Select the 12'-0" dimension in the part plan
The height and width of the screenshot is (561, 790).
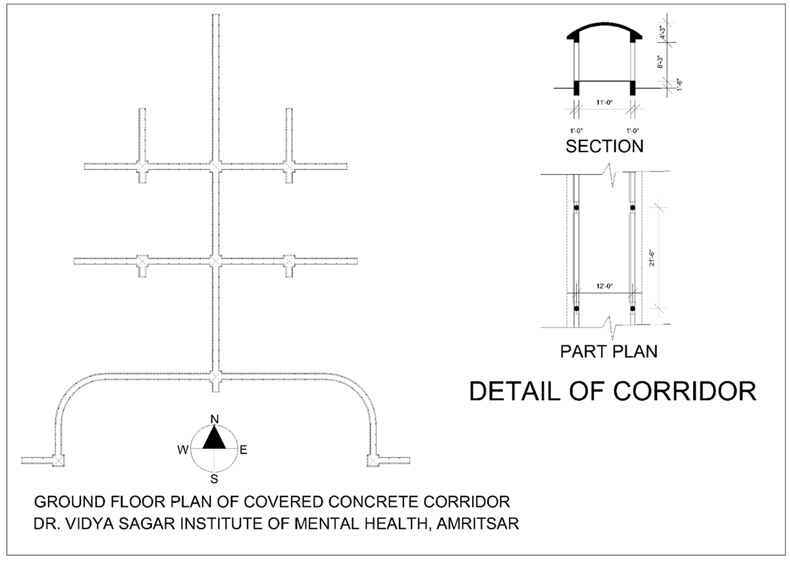pos(604,287)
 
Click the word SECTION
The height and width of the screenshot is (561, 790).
pos(604,146)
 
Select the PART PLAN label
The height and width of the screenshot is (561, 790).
pos(608,351)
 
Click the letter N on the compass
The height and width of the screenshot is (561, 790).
pos(214,419)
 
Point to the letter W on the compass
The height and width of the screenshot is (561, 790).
pos(182,450)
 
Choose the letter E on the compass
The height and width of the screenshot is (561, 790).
pos(243,450)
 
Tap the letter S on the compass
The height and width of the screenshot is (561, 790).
pos(214,479)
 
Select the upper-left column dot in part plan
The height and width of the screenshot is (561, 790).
pos(576,208)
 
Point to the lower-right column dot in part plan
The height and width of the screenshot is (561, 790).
pos(633,309)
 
